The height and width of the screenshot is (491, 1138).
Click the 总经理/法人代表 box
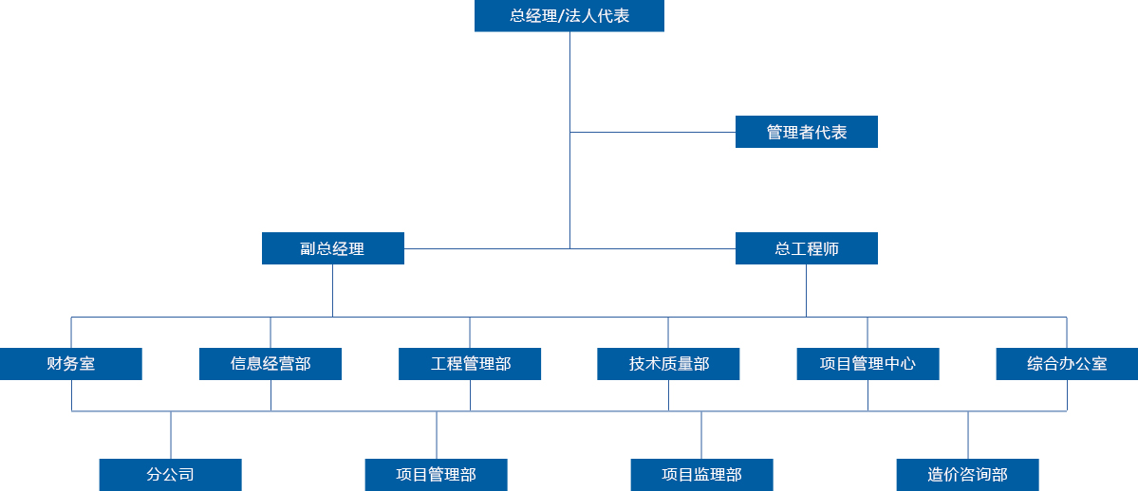pyautogui.click(x=569, y=16)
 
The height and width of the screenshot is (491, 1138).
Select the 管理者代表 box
pyautogui.click(x=806, y=132)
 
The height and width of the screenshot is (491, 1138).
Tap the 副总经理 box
pyautogui.click(x=332, y=248)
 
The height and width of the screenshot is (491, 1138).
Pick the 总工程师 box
pyautogui.click(x=806, y=248)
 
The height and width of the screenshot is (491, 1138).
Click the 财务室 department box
pyautogui.click(x=71, y=364)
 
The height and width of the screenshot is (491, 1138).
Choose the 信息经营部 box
pyautogui.click(x=271, y=364)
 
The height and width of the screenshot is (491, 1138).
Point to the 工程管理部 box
pyautogui.click(x=470, y=364)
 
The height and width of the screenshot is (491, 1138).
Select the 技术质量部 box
pyautogui.click(x=668, y=364)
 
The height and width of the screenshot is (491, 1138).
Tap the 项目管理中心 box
pyautogui.click(x=867, y=364)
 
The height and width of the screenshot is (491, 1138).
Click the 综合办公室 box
pyautogui.click(x=1067, y=364)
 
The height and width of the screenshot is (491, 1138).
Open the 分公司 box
pyautogui.click(x=171, y=474)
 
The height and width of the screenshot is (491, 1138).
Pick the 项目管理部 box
pyautogui.click(x=437, y=474)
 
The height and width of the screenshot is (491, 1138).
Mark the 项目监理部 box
pyautogui.click(x=701, y=474)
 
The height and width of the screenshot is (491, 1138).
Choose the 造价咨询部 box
pyautogui.click(x=968, y=474)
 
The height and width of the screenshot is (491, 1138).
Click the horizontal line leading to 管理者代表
pyautogui.click(x=653, y=132)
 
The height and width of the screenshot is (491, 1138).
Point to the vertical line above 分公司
pyautogui.click(x=171, y=435)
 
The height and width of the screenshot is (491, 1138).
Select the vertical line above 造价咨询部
pyautogui.click(x=968, y=435)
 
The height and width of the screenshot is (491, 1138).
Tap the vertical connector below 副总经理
pyautogui.click(x=332, y=290)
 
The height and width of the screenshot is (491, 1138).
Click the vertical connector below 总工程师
pyautogui.click(x=806, y=290)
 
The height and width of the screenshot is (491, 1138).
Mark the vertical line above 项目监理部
pyautogui.click(x=701, y=435)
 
